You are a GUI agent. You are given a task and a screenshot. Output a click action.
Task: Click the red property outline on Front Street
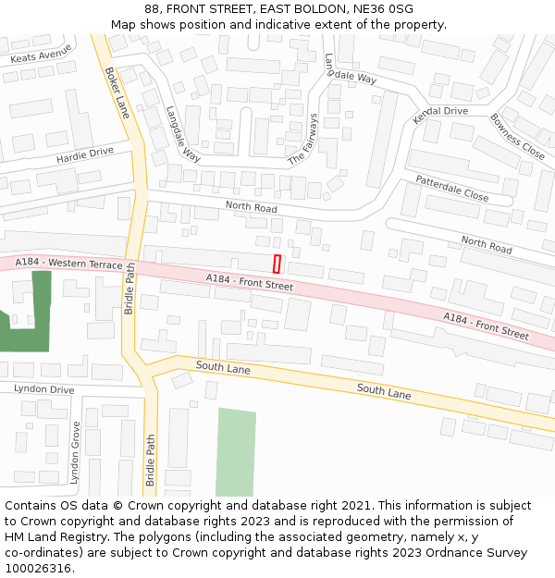(x=277, y=264)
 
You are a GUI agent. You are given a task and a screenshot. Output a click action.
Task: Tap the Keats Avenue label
(x=41, y=55)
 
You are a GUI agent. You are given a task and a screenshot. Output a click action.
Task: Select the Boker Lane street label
(x=117, y=92)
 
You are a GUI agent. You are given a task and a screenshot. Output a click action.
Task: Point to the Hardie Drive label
(x=84, y=154)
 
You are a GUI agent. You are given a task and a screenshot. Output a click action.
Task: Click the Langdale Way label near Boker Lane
(x=183, y=133)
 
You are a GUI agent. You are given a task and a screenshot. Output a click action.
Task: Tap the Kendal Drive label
(x=441, y=111)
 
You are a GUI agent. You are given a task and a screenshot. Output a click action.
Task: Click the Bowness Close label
(x=517, y=136)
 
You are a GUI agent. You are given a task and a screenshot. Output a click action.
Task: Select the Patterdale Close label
(x=451, y=188)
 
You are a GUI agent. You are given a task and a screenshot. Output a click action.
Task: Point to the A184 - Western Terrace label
(x=69, y=264)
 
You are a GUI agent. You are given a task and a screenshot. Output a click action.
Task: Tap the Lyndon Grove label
(x=76, y=453)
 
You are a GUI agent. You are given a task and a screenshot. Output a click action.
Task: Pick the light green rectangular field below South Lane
(x=235, y=452)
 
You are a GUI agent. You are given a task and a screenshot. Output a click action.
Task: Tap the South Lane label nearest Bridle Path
(x=223, y=368)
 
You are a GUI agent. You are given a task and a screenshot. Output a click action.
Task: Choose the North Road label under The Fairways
(x=251, y=207)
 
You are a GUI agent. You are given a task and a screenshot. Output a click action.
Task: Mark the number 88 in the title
(x=152, y=9)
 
